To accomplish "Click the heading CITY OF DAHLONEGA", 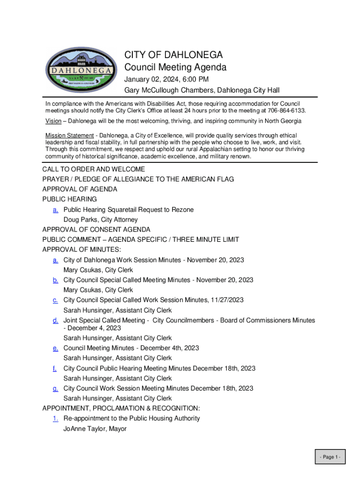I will click(x=173, y=55).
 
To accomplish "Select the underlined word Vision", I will click(x=53, y=121).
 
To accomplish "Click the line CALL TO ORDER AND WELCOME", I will click(x=94, y=169).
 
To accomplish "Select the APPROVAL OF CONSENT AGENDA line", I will click(x=96, y=230).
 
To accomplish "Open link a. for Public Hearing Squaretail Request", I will click(x=56, y=210).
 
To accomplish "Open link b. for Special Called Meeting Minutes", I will click(x=56, y=280).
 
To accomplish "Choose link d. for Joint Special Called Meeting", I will click(x=56, y=320).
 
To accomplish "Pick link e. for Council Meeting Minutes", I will click(x=56, y=348).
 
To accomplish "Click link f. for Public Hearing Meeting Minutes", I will click(x=55, y=369).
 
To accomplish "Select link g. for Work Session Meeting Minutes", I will click(x=56, y=388).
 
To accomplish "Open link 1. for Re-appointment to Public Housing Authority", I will click(x=56, y=418).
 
